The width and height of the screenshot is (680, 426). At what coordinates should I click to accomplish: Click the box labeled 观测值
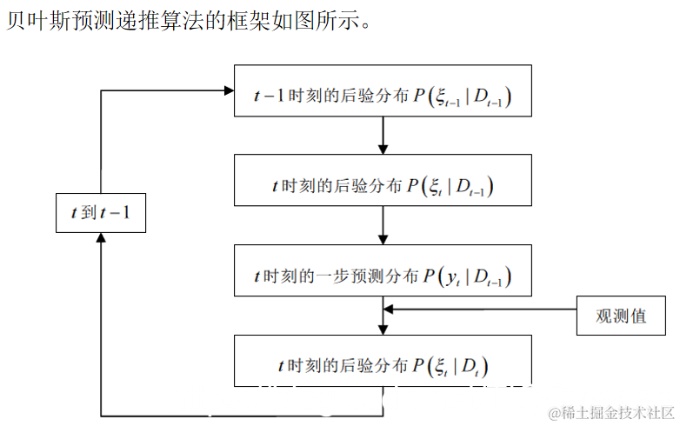pyautogui.click(x=621, y=315)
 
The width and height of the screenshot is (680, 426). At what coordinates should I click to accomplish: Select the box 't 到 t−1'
pyautogui.click(x=100, y=211)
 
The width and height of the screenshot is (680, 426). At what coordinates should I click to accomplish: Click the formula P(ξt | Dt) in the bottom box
pyautogui.click(x=451, y=365)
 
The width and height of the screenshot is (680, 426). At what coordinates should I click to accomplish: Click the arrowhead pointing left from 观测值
pyautogui.click(x=390, y=308)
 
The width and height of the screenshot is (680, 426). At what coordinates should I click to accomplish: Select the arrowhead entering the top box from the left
pyautogui.click(x=230, y=90)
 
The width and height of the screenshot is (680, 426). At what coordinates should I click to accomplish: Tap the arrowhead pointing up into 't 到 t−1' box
pyautogui.click(x=101, y=238)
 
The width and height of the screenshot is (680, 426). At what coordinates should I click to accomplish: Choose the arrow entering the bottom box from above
pyautogui.click(x=383, y=326)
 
